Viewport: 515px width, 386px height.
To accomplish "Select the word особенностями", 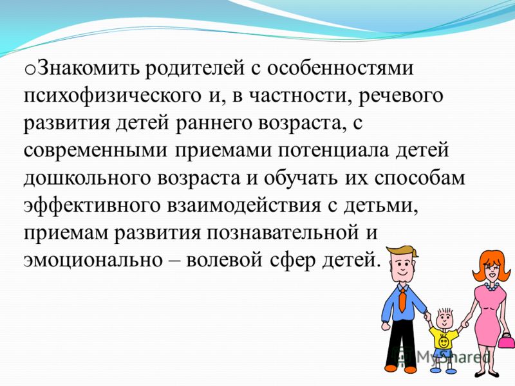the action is coord(340,69).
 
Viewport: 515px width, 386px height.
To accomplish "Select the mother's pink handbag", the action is coord(506,341).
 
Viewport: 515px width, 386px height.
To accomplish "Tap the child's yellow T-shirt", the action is coord(444,339).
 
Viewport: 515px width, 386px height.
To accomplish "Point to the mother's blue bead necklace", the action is coord(491,286).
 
